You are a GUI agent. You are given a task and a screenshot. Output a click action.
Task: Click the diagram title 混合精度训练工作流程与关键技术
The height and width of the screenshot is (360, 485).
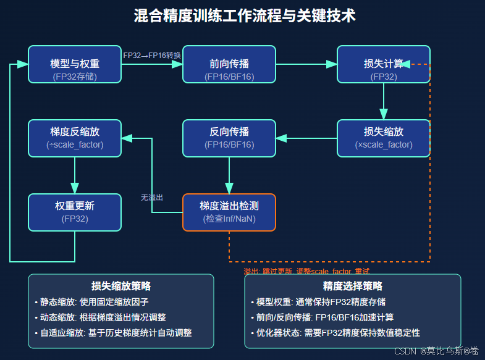[245, 15]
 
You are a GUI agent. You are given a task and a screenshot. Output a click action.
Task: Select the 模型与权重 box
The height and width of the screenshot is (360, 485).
[75, 64]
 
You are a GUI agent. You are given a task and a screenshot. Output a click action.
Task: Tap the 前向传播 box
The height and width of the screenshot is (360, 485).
[229, 64]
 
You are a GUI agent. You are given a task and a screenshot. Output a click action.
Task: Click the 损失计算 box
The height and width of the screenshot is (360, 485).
[383, 64]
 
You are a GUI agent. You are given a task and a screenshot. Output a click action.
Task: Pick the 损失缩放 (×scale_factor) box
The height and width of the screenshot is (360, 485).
[383, 138]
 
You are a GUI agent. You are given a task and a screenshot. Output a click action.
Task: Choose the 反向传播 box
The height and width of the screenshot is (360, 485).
[229, 138]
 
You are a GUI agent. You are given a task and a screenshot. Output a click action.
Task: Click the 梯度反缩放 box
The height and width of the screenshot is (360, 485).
[75, 138]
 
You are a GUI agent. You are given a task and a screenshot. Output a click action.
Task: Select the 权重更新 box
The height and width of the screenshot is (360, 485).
[75, 212]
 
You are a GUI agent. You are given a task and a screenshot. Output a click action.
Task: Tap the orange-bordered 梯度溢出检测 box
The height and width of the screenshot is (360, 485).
[229, 212]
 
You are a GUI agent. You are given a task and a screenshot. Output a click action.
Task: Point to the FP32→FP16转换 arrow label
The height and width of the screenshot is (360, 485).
[152, 56]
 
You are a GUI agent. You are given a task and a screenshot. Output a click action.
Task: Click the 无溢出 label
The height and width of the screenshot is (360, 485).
[152, 198]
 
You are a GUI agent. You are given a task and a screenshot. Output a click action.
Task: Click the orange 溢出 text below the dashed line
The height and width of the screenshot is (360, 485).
[306, 271]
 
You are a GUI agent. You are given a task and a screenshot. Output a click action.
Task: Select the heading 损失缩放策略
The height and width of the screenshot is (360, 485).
[121, 286]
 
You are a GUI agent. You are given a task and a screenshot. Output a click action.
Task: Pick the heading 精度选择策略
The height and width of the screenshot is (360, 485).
[353, 286]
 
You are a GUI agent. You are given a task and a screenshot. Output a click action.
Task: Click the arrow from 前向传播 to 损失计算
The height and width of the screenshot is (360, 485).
[306, 64]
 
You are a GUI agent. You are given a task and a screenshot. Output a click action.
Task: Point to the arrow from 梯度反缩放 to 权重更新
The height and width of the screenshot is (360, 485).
[75, 175]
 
